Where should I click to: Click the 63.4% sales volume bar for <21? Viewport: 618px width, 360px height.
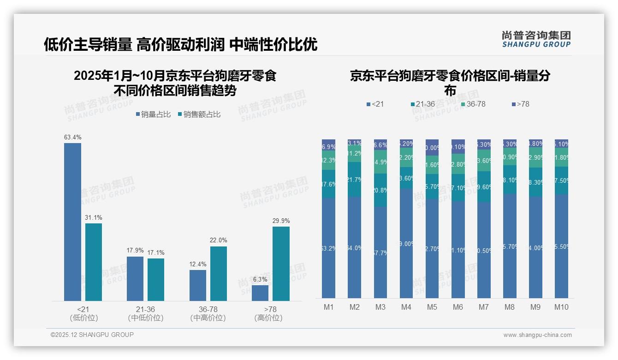(x=72, y=222)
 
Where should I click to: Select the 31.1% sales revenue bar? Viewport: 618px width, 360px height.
(x=94, y=262)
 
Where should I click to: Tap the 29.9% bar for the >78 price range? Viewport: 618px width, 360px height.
(x=281, y=263)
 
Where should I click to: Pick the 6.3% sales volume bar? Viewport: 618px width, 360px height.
(x=260, y=293)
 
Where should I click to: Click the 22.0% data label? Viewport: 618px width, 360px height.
(x=219, y=240)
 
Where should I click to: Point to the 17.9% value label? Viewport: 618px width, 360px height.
(x=135, y=250)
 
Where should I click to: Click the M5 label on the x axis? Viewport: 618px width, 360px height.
(x=432, y=307)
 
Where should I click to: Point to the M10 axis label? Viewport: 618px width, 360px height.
(x=561, y=307)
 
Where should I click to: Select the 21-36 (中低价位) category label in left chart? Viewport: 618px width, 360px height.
(x=145, y=313)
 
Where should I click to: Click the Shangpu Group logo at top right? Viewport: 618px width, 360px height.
(x=536, y=39)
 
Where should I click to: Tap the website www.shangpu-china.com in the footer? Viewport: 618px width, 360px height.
(x=537, y=335)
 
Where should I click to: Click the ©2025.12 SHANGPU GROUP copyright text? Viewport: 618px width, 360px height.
(x=92, y=335)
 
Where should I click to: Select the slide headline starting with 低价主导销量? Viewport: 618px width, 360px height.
(x=180, y=44)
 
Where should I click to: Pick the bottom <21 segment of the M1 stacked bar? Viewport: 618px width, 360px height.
(x=329, y=248)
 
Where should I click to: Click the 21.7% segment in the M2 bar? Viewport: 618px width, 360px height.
(x=355, y=180)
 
